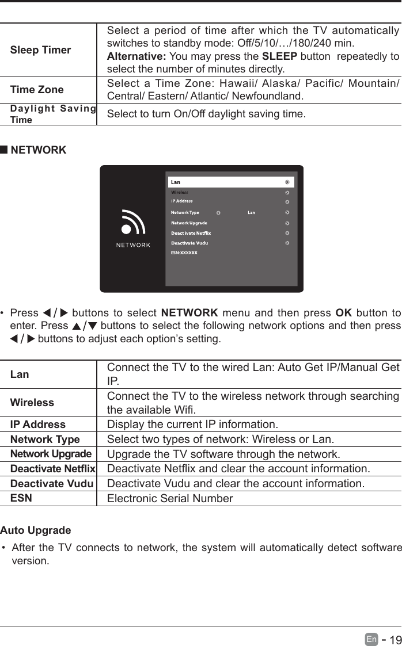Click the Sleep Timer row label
[x=40, y=50]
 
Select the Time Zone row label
[x=37, y=90]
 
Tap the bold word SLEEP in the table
[x=279, y=56]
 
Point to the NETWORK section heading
[x=38, y=150]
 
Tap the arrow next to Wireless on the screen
[x=287, y=193]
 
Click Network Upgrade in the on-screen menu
[x=189, y=223]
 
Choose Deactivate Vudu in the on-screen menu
[x=189, y=243]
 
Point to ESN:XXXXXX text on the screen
[x=184, y=253]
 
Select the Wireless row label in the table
[x=32, y=403]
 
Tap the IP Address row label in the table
[x=38, y=425]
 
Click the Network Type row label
[x=45, y=439]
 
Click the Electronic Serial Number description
[x=170, y=498]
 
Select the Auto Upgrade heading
[x=36, y=530]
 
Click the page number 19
[x=395, y=640]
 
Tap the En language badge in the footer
[x=371, y=640]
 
